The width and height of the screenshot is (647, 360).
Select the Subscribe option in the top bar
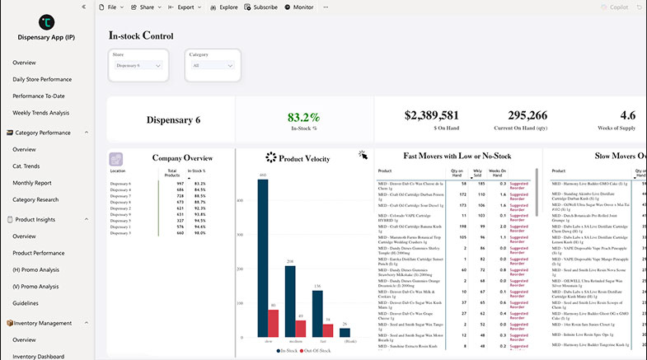click(x=260, y=7)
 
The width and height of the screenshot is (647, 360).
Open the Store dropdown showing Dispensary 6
click(x=138, y=65)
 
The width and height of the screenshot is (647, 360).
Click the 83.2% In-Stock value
click(x=304, y=117)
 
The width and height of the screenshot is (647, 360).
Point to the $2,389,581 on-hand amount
click(x=431, y=115)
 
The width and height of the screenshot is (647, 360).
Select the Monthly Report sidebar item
click(x=32, y=183)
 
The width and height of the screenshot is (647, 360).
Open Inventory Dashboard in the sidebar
click(x=38, y=356)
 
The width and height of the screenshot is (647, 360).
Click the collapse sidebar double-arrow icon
click(x=84, y=7)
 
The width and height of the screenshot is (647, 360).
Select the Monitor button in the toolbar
click(x=299, y=7)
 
